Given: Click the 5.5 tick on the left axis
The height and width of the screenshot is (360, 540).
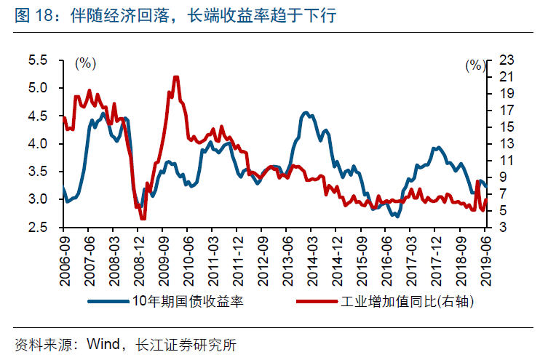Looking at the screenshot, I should (x=47, y=60).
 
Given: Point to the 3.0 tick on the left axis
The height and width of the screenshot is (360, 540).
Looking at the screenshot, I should (x=47, y=199).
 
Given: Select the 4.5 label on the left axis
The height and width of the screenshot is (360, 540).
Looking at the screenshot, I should (x=47, y=116).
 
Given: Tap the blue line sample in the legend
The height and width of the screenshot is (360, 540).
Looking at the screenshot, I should (x=109, y=301).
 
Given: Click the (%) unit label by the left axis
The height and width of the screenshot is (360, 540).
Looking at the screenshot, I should (x=85, y=63).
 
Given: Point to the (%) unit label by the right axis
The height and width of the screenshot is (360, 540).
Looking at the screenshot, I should (x=475, y=65).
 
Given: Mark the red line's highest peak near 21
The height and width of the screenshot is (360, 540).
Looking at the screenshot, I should (x=176, y=76).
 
